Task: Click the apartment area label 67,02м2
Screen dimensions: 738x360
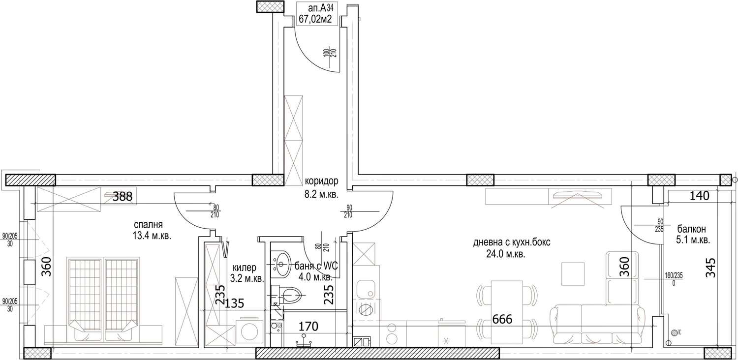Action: [315, 19]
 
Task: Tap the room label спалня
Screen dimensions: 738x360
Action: [148, 225]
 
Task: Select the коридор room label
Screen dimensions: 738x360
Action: [322, 181]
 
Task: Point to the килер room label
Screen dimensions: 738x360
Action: [245, 268]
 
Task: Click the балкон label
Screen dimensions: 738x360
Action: [692, 229]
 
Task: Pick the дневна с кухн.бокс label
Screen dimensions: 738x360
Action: [512, 242]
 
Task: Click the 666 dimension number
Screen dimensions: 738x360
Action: [502, 319]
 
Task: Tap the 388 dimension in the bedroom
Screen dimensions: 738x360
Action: [123, 197]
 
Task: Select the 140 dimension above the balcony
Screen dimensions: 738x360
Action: [700, 196]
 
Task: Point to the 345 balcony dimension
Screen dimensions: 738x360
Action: [711, 268]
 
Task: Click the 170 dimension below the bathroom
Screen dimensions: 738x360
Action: [308, 327]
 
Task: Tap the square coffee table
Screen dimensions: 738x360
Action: [573, 274]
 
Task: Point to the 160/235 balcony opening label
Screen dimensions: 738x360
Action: [674, 279]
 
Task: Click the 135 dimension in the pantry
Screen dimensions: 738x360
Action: [234, 303]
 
